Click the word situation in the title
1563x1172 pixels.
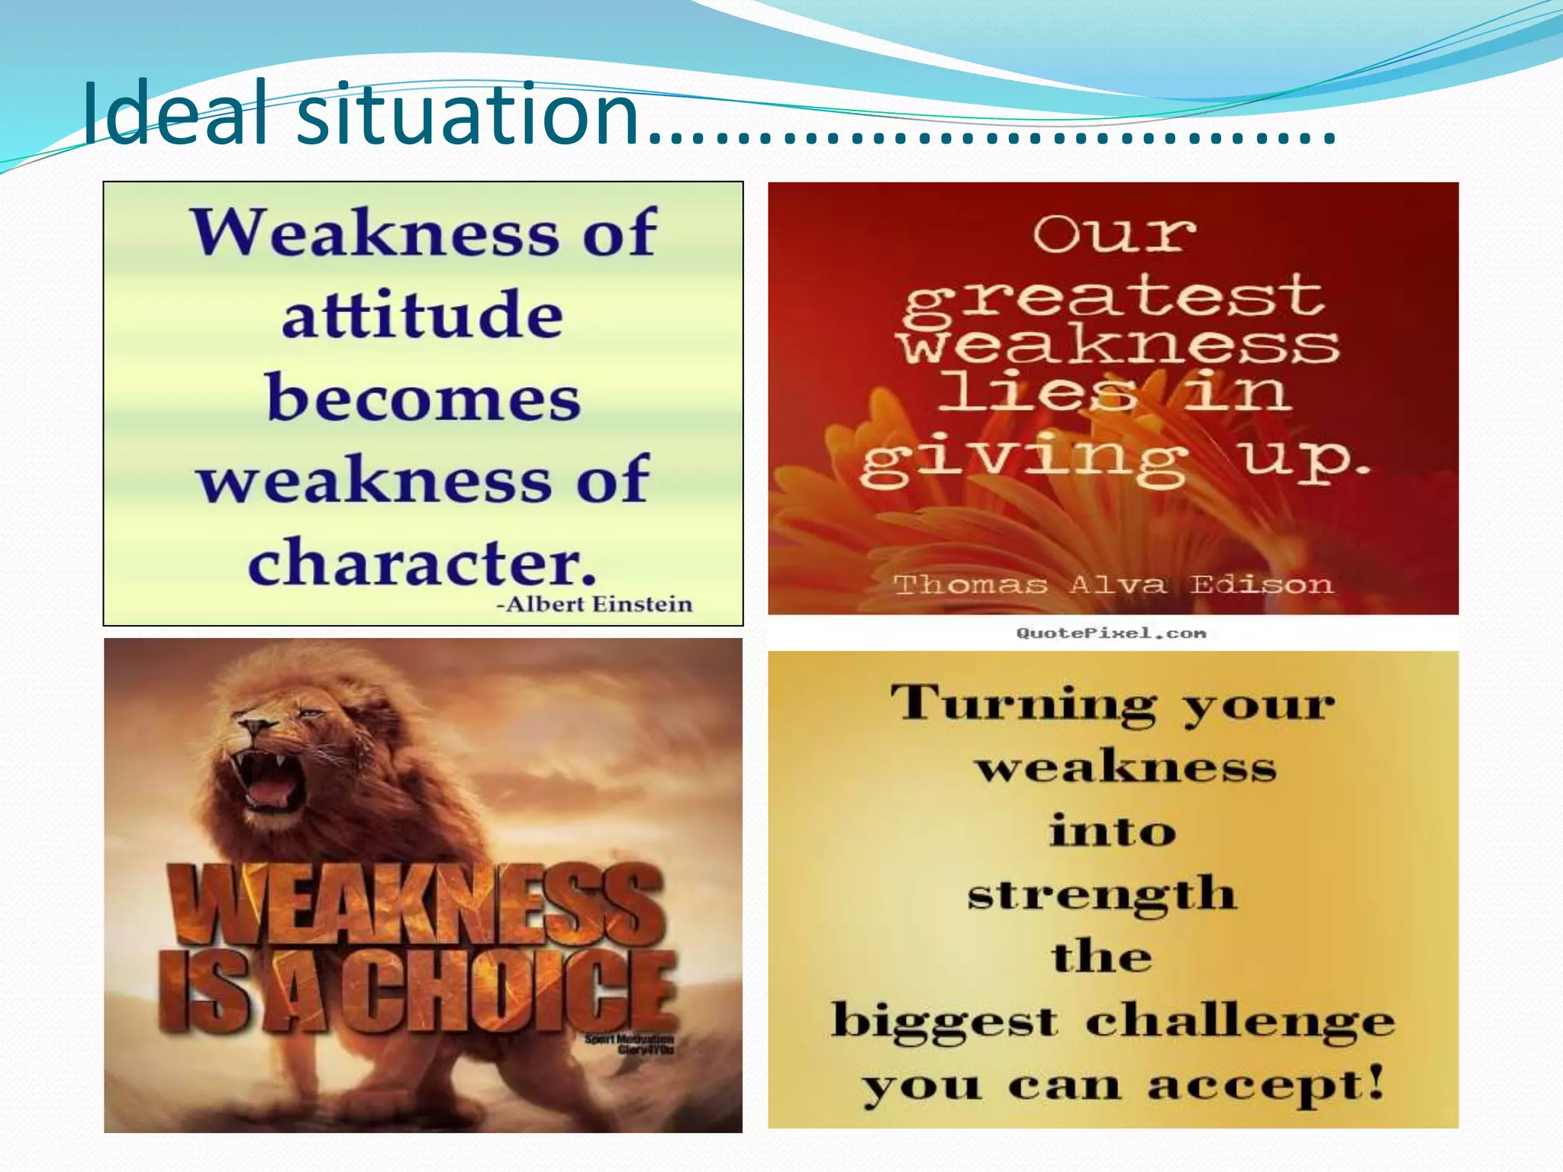coord(467,114)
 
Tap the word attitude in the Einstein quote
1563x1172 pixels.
coord(422,315)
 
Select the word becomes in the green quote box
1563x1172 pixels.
coord(424,398)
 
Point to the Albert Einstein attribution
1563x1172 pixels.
coord(595,604)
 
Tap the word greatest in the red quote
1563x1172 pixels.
coord(1114,298)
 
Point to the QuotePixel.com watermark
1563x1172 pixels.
coord(1111,633)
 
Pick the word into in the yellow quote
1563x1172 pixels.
coord(1112,831)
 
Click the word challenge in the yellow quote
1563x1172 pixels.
coord(1239,1021)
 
